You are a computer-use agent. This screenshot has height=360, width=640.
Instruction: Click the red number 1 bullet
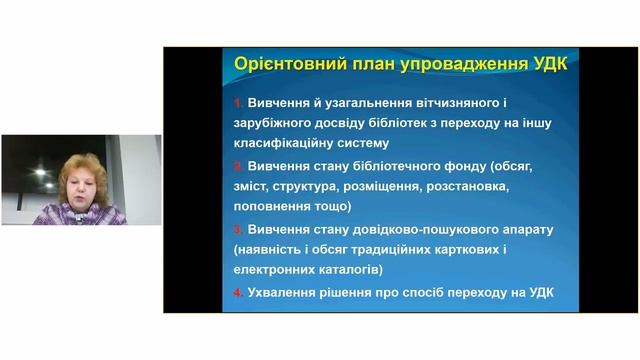point(238,104)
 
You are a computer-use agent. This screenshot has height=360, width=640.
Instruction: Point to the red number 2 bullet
point(238,166)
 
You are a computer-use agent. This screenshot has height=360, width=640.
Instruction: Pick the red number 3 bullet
point(238,229)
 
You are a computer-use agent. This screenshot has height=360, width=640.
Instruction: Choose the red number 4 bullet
point(238,292)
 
